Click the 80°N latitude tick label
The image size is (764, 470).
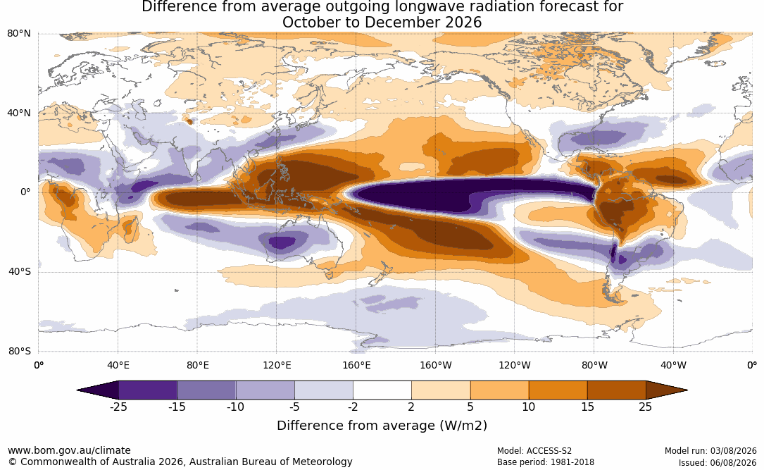19,34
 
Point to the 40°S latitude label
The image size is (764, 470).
20,271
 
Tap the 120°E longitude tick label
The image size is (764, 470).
277,365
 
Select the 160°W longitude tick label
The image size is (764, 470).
436,365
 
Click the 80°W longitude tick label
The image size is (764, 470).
594,365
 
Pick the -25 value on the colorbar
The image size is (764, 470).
118,407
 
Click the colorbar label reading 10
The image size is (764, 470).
529,407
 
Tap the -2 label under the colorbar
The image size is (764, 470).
353,407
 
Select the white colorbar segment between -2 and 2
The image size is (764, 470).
382,390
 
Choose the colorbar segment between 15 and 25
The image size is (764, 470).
617,390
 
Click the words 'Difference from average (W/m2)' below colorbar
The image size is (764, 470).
382,426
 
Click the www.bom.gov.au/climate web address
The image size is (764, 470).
69,450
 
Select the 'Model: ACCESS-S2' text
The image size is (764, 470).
534,451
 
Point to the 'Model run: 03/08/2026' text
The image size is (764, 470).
710,451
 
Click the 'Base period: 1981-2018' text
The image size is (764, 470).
546,462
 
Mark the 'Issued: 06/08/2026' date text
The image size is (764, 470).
718,462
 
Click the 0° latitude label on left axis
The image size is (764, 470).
26,192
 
